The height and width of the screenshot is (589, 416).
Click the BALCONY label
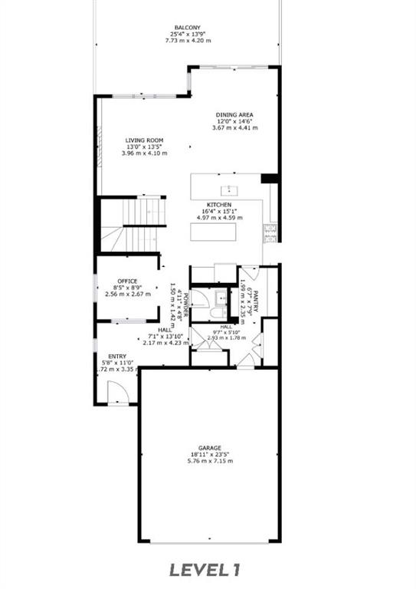pos(187,28)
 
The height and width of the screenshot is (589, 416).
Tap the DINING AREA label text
pos(234,114)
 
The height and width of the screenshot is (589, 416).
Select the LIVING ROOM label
pos(144,140)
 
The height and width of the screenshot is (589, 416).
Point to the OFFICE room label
pos(126,281)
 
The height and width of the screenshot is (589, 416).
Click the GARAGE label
pos(210,448)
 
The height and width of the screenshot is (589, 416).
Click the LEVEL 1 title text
pos(205,569)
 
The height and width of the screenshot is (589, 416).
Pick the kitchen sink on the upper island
pos(228,189)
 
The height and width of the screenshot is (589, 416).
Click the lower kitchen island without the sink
pos(226,232)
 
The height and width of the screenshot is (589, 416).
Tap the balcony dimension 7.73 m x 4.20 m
pos(187,41)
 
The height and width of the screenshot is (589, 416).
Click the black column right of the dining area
pos(269,179)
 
